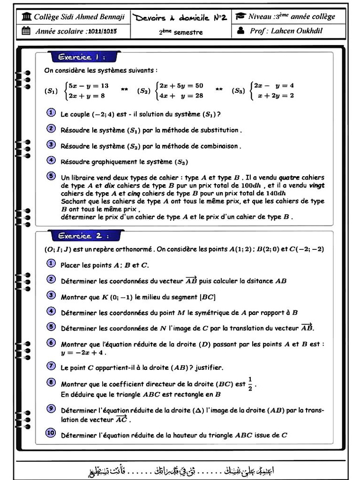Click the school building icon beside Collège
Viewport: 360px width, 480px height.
[27, 17]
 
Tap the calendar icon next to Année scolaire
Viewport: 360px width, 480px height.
[26, 31]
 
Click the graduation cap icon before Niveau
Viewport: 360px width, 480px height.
[240, 16]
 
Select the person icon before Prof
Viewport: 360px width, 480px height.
[240, 31]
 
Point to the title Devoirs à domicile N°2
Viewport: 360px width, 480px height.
[180, 17]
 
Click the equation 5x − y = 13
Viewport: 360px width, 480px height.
[88, 86]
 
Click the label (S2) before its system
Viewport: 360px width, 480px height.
[144, 91]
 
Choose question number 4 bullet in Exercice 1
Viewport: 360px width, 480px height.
[51, 160]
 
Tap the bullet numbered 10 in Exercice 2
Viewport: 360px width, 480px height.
[51, 433]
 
